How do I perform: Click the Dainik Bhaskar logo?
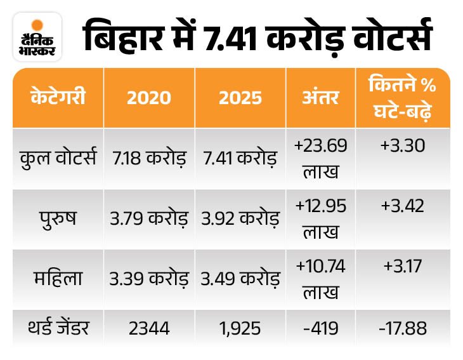click(x=37, y=37)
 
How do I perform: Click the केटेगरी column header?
click(x=58, y=98)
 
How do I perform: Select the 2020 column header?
click(x=148, y=98)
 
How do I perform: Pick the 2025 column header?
click(x=240, y=98)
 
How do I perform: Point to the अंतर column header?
click(x=321, y=98)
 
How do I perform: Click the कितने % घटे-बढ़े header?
click(x=403, y=98)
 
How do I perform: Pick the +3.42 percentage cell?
click(x=403, y=206)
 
